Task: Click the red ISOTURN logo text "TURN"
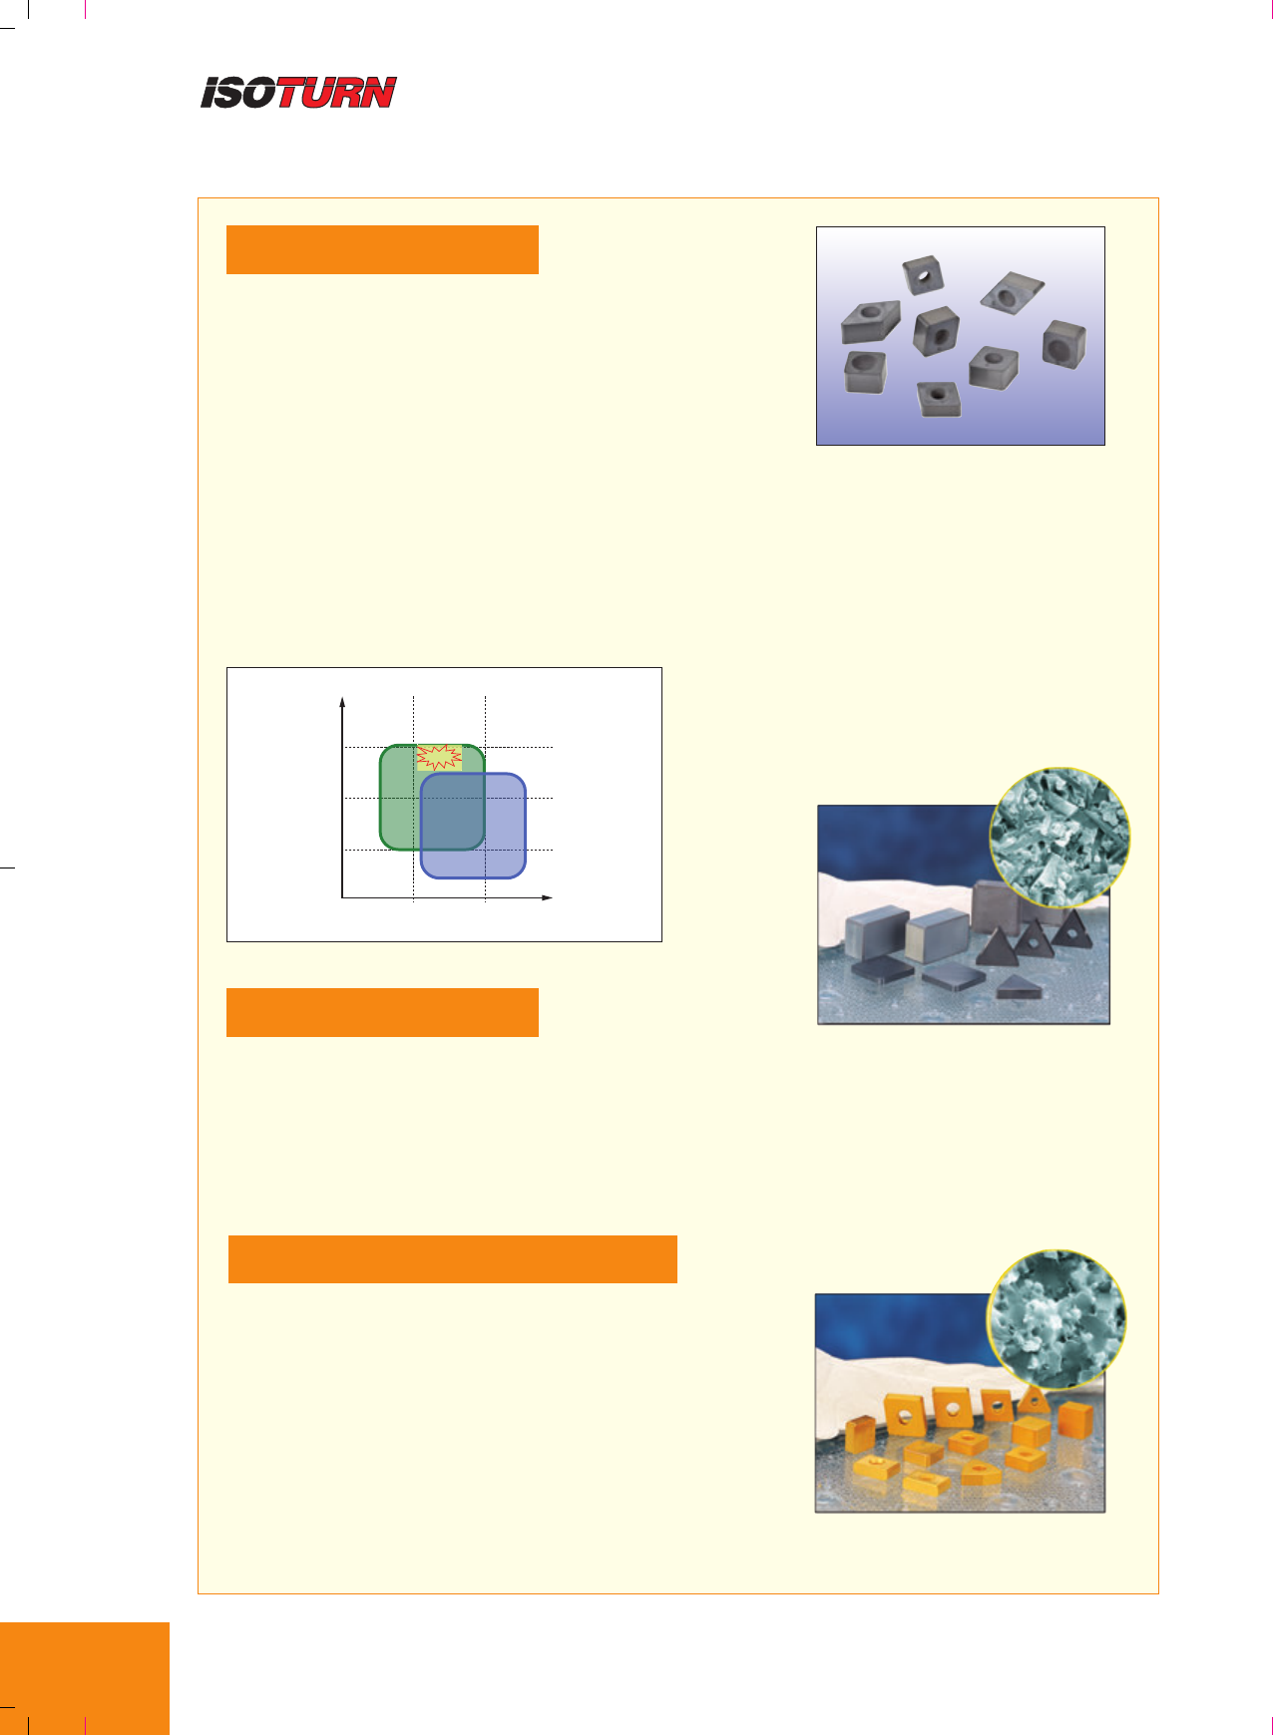point(336,93)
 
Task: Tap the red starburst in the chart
point(439,757)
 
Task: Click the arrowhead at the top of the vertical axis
point(342,703)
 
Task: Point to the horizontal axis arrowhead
point(547,897)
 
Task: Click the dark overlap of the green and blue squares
point(453,812)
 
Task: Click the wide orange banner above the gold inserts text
point(453,1259)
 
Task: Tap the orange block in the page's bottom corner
point(85,1678)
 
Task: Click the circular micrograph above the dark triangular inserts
point(1060,838)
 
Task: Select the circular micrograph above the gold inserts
point(1057,1319)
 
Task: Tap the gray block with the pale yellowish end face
point(934,935)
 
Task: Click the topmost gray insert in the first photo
point(923,274)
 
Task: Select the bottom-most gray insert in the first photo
point(937,398)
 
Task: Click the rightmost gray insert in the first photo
point(1063,344)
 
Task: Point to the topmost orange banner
point(382,249)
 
